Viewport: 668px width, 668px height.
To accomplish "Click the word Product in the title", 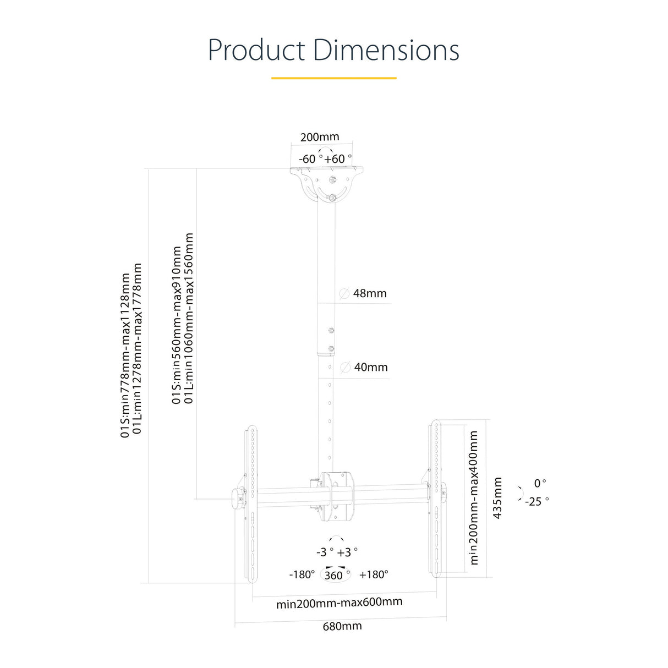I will coord(256,50).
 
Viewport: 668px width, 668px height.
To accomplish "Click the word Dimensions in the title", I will coord(386,50).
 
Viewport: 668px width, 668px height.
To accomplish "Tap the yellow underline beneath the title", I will coord(333,78).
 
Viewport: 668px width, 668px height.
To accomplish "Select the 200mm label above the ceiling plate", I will coord(320,137).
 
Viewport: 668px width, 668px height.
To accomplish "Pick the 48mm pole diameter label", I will coord(370,293).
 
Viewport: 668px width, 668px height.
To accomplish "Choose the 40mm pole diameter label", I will coord(371,367).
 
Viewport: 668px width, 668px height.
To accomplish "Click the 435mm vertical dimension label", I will coord(497,498).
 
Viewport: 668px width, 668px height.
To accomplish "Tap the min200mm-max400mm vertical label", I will coord(474,497).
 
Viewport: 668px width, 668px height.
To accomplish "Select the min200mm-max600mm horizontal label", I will coord(339,603).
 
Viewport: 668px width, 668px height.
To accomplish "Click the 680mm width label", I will coord(342,626).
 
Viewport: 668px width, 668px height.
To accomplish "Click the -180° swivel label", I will coord(302,574).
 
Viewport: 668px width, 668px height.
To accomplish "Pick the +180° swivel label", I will coord(374,574).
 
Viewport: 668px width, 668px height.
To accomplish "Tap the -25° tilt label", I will coord(536,501).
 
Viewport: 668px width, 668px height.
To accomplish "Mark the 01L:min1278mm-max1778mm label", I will coord(138,349).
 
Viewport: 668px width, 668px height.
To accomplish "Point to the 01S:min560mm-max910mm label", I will coord(177,325).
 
